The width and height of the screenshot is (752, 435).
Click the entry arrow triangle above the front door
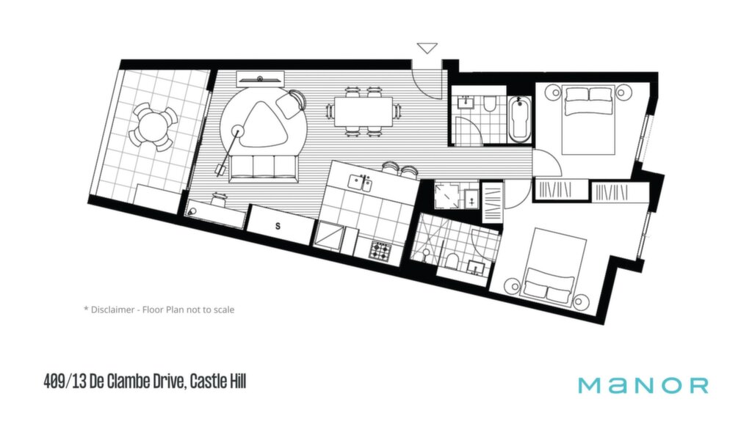point(427,48)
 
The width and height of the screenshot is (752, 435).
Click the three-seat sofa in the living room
point(263,169)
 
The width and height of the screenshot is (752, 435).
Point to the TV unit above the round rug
point(261,78)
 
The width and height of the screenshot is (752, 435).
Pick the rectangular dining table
point(364,112)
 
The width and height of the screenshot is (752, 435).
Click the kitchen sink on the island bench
point(360,183)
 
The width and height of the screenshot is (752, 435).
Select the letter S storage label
point(278,226)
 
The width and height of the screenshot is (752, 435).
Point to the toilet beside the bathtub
point(490,104)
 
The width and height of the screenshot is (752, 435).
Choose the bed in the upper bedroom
point(588,120)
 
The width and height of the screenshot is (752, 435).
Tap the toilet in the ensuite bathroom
point(452,261)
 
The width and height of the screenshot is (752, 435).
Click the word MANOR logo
point(643,385)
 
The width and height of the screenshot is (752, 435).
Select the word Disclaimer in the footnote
point(112,310)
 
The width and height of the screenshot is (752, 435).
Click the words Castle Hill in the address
point(218,382)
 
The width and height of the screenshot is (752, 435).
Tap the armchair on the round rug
point(291,103)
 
